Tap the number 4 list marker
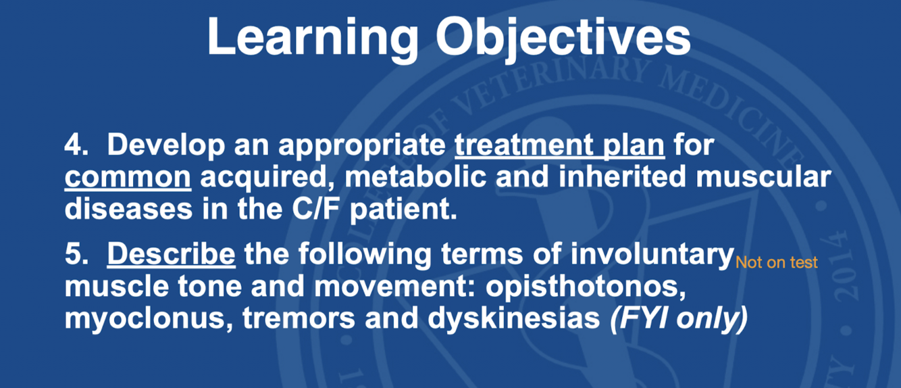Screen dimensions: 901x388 pyautogui.click(x=76, y=145)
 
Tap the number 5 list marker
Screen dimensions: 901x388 pyautogui.click(x=76, y=255)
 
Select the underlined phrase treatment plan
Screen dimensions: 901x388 pyautogui.click(x=559, y=147)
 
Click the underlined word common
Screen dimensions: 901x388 pyautogui.click(x=128, y=178)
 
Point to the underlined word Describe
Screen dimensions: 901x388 pyautogui.click(x=171, y=255)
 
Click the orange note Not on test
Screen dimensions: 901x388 pyautogui.click(x=776, y=263)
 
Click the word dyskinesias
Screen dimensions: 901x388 pyautogui.click(x=513, y=318)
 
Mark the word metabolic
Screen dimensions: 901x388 pyautogui.click(x=415, y=177)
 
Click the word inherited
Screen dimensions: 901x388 pyautogui.click(x=622, y=176)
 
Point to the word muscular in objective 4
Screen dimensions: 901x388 pyautogui.click(x=763, y=178)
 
